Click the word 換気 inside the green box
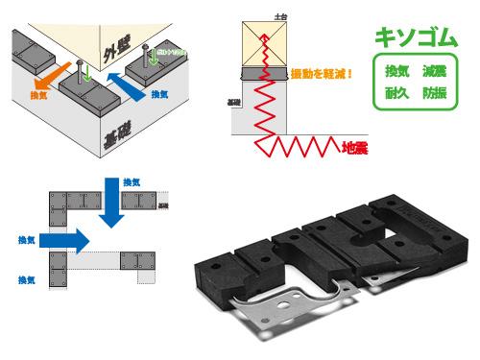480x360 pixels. pos(396,73)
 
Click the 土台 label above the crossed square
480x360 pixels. pos(279,17)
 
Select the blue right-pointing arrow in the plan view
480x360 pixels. pos(63,237)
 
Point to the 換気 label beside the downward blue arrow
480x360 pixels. pos(134,182)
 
